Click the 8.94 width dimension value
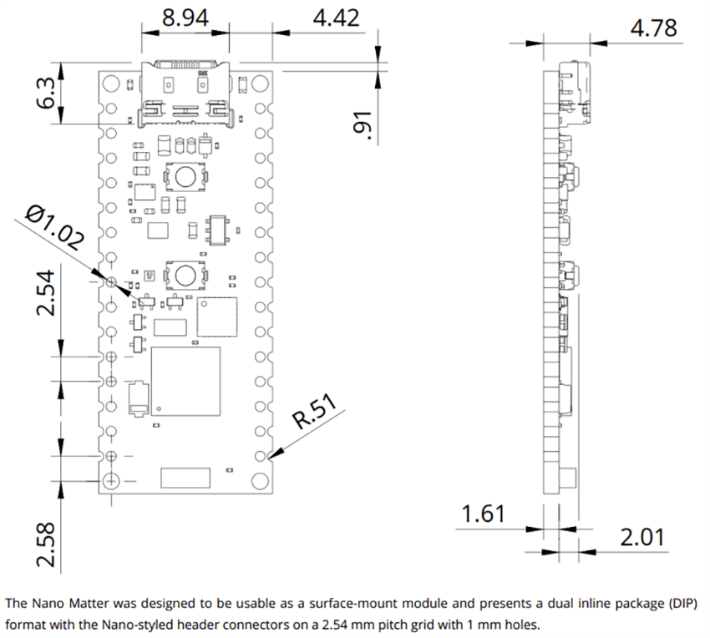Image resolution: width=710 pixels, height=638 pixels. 185,18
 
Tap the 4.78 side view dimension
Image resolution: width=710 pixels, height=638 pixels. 653,27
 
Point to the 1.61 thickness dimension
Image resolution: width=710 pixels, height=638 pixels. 484,513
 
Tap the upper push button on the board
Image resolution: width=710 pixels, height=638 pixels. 185,176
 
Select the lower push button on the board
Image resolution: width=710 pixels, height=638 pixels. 184,273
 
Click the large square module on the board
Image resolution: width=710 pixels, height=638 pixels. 185,381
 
